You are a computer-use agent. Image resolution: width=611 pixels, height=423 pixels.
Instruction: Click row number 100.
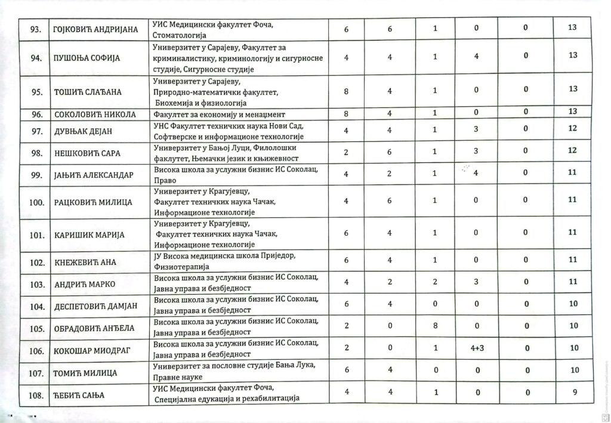[37, 202]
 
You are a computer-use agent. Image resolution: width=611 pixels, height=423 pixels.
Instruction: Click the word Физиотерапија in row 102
[179, 267]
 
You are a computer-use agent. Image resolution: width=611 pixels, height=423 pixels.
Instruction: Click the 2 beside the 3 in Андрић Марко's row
[435, 282]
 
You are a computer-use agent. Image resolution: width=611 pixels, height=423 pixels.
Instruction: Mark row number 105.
[37, 328]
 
